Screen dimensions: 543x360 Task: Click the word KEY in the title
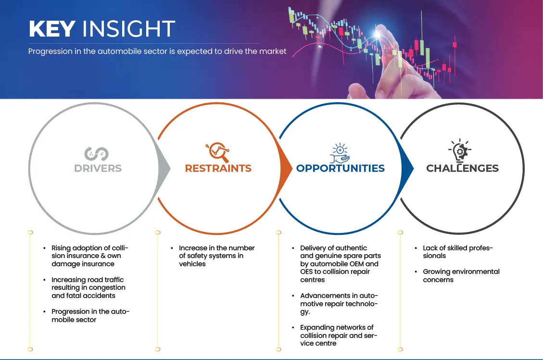tap(52, 28)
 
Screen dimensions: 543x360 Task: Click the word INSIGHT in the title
tap(128, 28)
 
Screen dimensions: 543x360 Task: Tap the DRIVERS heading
tap(98, 168)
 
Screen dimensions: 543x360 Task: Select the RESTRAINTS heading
tap(218, 168)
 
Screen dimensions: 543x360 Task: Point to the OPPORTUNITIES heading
tap(341, 168)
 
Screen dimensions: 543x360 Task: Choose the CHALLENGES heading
tap(462, 168)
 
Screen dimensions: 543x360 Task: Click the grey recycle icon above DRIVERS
tap(97, 154)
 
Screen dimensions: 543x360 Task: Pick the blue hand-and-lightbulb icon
tap(340, 153)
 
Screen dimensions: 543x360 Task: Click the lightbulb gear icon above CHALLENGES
tap(460, 150)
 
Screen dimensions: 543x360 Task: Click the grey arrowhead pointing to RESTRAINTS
tap(164, 169)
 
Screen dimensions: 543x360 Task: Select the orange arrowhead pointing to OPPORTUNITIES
tap(286, 169)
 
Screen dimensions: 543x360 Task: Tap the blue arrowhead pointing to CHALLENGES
tap(407, 169)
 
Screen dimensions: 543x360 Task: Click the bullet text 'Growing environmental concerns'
tap(461, 275)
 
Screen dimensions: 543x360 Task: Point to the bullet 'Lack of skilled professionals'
tap(457, 252)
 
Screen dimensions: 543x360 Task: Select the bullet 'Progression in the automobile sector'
tap(90, 315)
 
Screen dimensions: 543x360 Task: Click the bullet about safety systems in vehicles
tap(216, 256)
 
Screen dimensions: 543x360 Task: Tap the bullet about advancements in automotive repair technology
tap(339, 304)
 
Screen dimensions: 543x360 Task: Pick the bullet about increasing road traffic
tap(88, 288)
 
